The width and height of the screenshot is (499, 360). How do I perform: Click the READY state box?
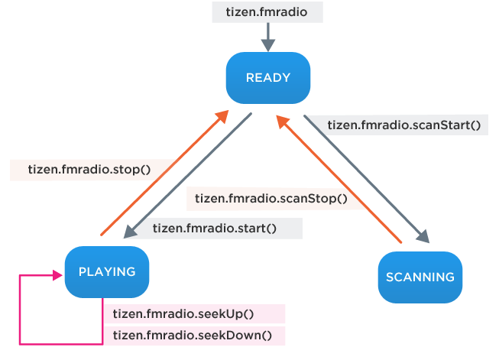[x=267, y=77]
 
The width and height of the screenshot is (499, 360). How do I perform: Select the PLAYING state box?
[x=106, y=271]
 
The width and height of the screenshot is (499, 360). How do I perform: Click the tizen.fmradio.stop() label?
[x=88, y=170]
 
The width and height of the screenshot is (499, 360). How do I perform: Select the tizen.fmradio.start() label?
[x=214, y=228]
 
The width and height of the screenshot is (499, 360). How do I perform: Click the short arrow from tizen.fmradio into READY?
[x=267, y=35]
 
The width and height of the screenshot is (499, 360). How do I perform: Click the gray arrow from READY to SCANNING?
[x=367, y=180]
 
